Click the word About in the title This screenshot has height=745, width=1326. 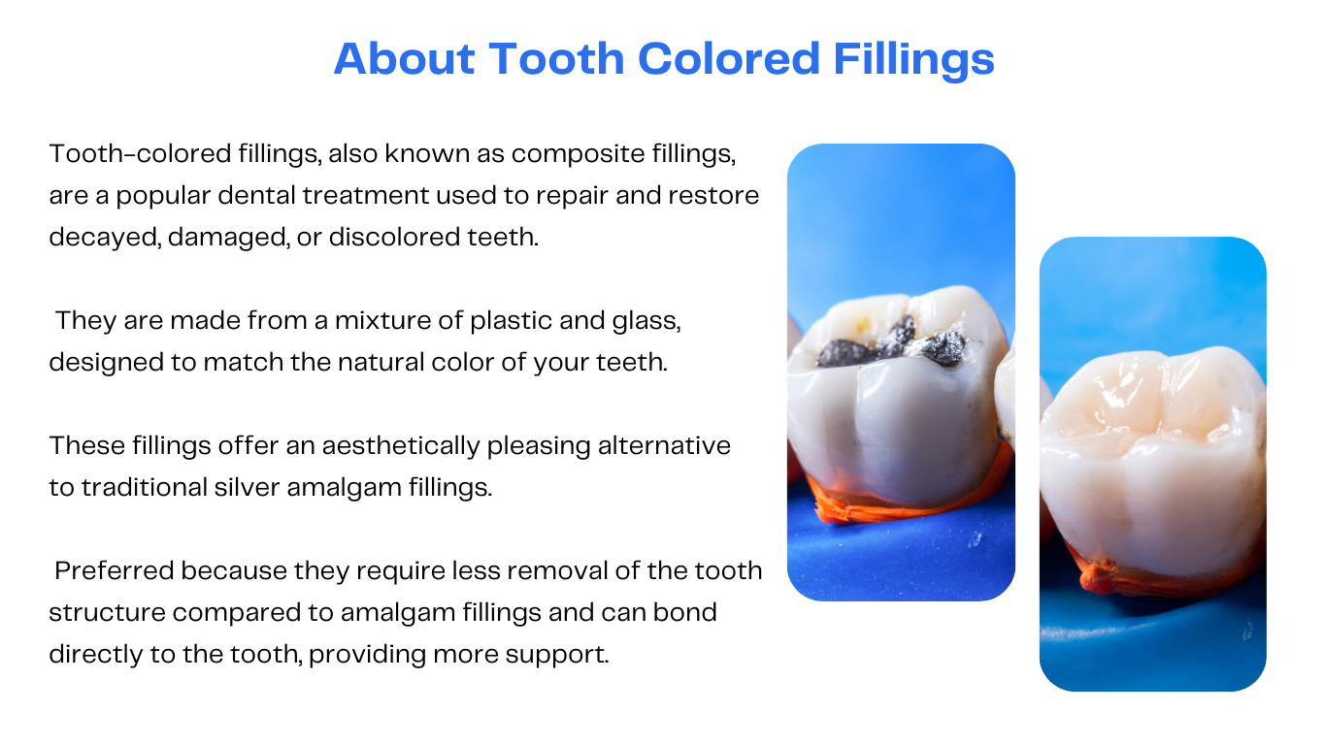coord(405,58)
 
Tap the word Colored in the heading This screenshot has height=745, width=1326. coord(729,58)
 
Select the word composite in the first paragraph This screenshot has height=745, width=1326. coord(578,154)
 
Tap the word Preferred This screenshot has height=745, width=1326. coord(115,571)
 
